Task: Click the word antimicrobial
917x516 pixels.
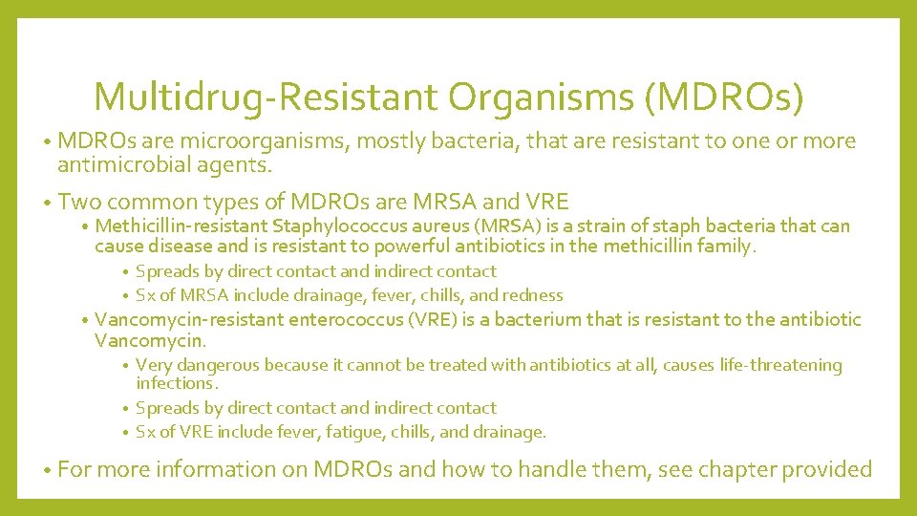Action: (x=126, y=165)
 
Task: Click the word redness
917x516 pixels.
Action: (x=532, y=295)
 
